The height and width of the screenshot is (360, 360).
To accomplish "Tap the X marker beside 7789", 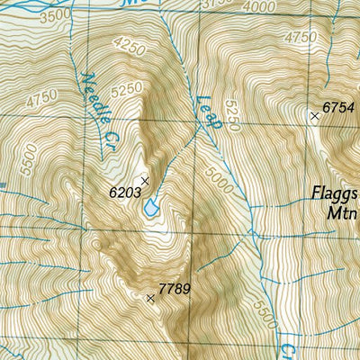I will tap(150, 297).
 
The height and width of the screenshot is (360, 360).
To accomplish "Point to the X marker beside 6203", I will tap(144, 181).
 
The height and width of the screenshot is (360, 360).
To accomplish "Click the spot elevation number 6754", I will tap(340, 107).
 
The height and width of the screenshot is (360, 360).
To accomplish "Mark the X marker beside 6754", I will tap(315, 116).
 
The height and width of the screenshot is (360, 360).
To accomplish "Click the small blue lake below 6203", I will tap(149, 208).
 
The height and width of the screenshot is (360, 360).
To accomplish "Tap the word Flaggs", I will tap(336, 193).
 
